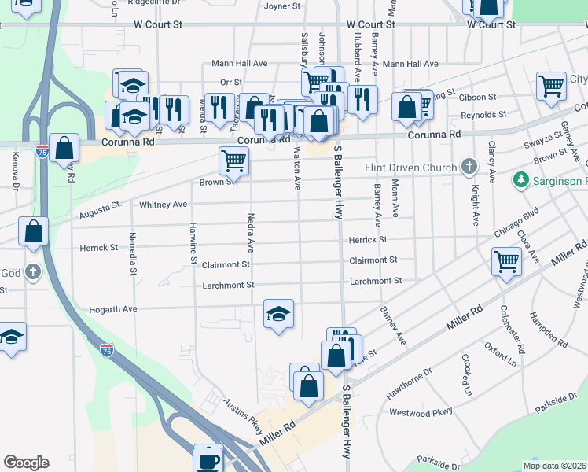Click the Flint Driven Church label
coord(410,168)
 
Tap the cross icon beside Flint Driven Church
coord(469,167)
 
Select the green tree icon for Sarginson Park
coord(520,181)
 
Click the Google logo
coord(26,463)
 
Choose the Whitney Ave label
coord(163,205)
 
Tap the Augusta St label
coord(100,210)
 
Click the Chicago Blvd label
coord(516,221)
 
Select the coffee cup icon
coord(208,460)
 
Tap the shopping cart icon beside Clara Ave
coord(507,262)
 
